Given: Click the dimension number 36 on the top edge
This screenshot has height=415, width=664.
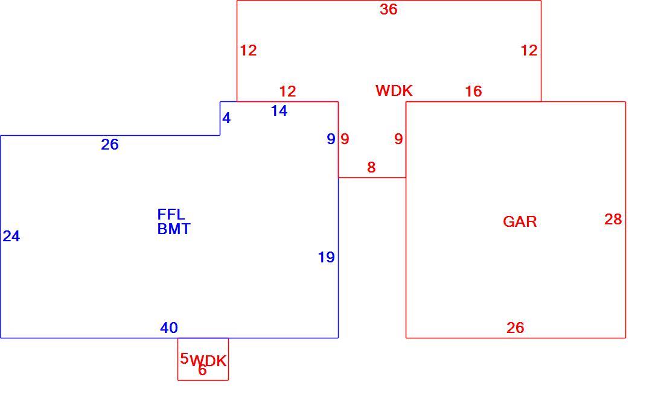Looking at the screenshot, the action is pyautogui.click(x=388, y=9).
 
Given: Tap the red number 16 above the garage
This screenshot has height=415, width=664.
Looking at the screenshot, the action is pyautogui.click(x=473, y=91).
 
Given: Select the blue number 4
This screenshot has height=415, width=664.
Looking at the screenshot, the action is pyautogui.click(x=226, y=118).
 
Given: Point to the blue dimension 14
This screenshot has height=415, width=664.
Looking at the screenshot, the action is pyautogui.click(x=279, y=111).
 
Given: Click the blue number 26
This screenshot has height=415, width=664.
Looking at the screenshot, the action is pyautogui.click(x=110, y=145).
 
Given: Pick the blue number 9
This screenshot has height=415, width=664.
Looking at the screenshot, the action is pyautogui.click(x=331, y=139).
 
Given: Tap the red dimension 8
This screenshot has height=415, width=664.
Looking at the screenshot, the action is pyautogui.click(x=371, y=167).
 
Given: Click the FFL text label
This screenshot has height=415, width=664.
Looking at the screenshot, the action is pyautogui.click(x=171, y=214).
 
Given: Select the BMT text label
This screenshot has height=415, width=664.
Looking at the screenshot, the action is pyautogui.click(x=174, y=229).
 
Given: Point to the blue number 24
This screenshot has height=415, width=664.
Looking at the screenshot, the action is pyautogui.click(x=11, y=236).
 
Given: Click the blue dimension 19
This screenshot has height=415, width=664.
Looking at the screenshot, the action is pyautogui.click(x=327, y=257).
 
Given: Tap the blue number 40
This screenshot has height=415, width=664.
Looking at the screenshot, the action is pyautogui.click(x=169, y=328).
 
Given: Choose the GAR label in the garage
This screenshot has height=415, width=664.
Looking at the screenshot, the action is pyautogui.click(x=520, y=221).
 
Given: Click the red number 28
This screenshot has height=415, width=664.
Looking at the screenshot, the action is pyautogui.click(x=613, y=219).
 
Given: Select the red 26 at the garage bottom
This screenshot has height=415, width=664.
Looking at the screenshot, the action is pyautogui.click(x=516, y=328).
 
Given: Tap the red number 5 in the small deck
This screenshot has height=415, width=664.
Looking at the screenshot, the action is pyautogui.click(x=184, y=359).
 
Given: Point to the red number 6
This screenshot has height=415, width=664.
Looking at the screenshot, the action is pyautogui.click(x=202, y=370).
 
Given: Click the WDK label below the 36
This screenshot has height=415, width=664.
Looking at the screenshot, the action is pyautogui.click(x=394, y=90).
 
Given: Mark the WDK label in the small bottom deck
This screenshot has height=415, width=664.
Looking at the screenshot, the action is pyautogui.click(x=208, y=361).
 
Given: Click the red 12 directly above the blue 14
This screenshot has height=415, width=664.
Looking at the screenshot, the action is pyautogui.click(x=287, y=91).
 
